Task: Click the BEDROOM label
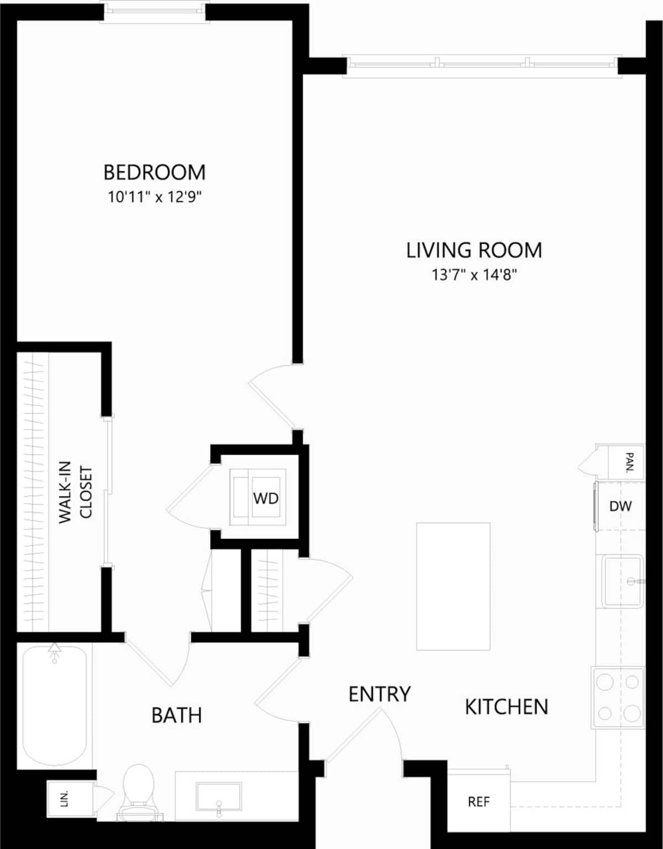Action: pos(154,172)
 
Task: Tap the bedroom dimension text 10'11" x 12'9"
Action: pos(154,197)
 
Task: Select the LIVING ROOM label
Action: pos(474,250)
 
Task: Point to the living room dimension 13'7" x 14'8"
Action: pos(474,275)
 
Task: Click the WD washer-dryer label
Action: pos(266,499)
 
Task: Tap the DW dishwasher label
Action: pos(620,506)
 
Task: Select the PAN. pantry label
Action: pos(629,462)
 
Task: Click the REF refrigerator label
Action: pos(478,801)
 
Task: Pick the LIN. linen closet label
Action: pos(65,798)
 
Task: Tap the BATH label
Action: pos(176,715)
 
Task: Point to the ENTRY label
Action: pos(380,694)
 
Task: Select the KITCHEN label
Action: pos(506,707)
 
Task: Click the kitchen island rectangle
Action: pos(453,586)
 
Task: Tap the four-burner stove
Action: pos(618,698)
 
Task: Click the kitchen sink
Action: pos(622,581)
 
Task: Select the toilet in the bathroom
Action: pos(138,788)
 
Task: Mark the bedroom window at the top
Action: pos(154,11)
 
